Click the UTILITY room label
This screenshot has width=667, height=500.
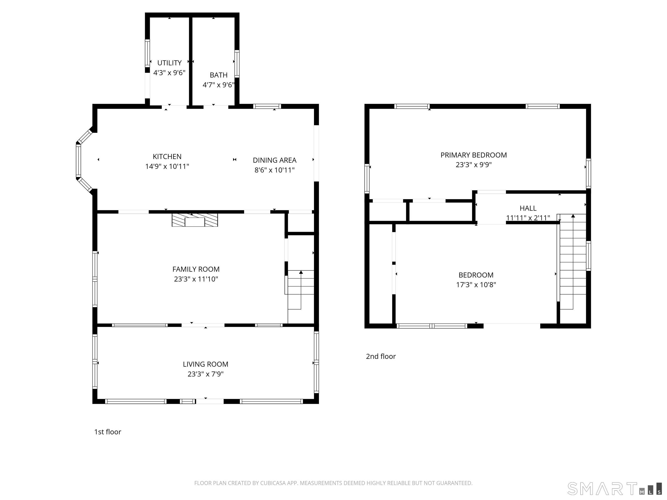tap(169, 63)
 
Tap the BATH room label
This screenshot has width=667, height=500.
tap(219, 75)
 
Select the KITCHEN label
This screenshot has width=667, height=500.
tap(167, 157)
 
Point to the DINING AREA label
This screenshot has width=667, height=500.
tap(274, 160)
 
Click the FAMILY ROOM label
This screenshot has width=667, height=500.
tap(196, 269)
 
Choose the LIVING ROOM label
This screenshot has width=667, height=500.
tap(206, 364)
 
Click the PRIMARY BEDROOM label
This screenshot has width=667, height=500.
tap(474, 155)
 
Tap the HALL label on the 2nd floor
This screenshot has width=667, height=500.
tap(528, 208)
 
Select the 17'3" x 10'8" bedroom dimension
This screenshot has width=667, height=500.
tap(476, 285)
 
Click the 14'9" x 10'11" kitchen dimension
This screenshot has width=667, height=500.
tap(167, 166)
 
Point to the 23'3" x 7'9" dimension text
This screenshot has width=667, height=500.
tap(206, 374)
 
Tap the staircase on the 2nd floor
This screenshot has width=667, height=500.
tap(573, 262)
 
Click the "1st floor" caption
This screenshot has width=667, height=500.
tap(108, 432)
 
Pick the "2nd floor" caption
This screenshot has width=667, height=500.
tap(381, 357)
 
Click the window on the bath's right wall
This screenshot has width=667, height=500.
tap(237, 64)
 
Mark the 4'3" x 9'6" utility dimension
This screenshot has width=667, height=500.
tap(169, 73)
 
